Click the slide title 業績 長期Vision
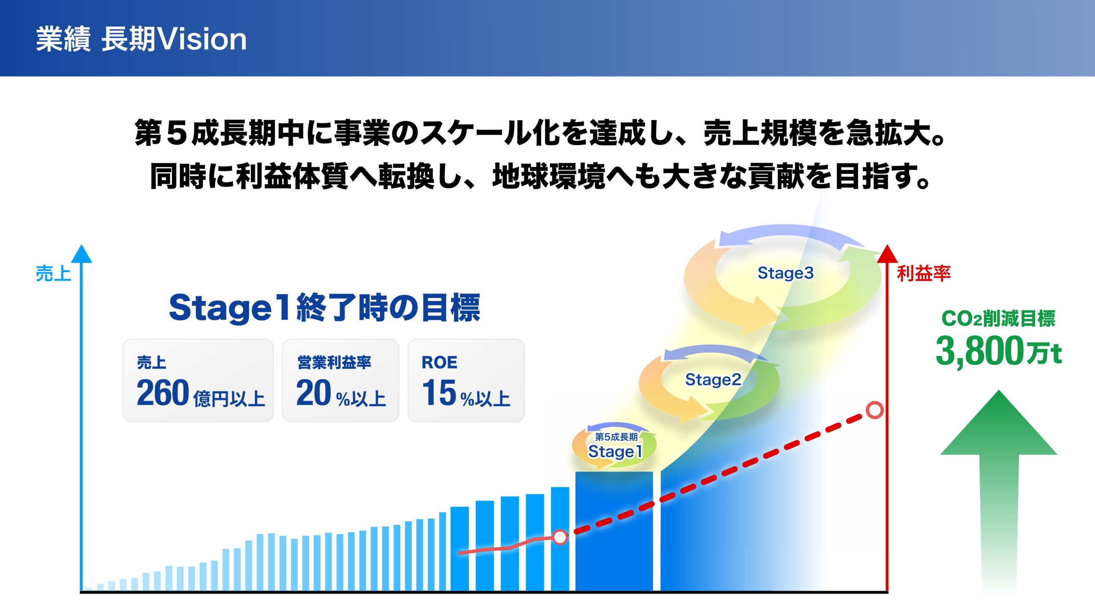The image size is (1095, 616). tap(141, 39)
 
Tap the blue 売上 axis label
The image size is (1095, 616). tap(53, 273)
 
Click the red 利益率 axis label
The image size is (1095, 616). tap(923, 273)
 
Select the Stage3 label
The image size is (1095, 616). tap(785, 273)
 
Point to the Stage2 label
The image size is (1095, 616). tap(713, 379)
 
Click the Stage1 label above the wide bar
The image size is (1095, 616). tap(615, 451)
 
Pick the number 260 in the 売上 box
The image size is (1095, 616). tap(163, 393)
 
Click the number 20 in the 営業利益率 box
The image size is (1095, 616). tap(314, 393)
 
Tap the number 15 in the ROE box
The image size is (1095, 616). tap(439, 393)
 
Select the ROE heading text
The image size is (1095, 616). tap(439, 362)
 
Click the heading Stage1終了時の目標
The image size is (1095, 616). tap(325, 308)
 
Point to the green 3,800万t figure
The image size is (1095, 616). tap(998, 352)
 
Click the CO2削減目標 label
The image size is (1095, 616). tap(998, 318)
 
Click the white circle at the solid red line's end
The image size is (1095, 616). tap(560, 537)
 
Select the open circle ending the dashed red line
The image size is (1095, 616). tap(875, 410)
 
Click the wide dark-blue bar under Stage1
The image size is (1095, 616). tap(614, 531)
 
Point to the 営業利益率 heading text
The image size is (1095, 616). tap(334, 362)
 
